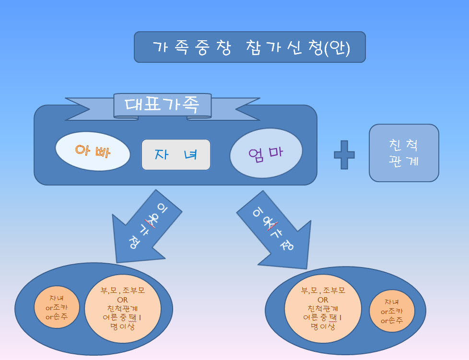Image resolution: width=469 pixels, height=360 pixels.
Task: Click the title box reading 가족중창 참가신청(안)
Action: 249,47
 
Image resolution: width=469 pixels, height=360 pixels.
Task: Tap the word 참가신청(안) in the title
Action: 297,48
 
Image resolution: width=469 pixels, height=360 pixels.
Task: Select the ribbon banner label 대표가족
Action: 162,105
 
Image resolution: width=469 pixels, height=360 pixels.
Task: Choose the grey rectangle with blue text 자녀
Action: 176,155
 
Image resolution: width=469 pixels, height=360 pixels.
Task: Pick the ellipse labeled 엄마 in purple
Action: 266,153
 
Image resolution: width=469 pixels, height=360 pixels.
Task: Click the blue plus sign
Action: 344,154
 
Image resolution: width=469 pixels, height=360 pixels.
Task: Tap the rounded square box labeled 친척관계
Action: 404,153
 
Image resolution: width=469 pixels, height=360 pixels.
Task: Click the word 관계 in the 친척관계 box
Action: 404,161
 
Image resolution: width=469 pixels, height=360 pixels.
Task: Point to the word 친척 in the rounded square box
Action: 404,145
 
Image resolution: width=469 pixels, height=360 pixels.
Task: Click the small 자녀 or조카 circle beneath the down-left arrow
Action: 57,307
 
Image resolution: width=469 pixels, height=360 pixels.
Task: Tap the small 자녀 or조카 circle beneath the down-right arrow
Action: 392,311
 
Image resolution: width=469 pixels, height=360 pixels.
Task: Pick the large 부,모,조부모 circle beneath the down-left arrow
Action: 122,308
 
